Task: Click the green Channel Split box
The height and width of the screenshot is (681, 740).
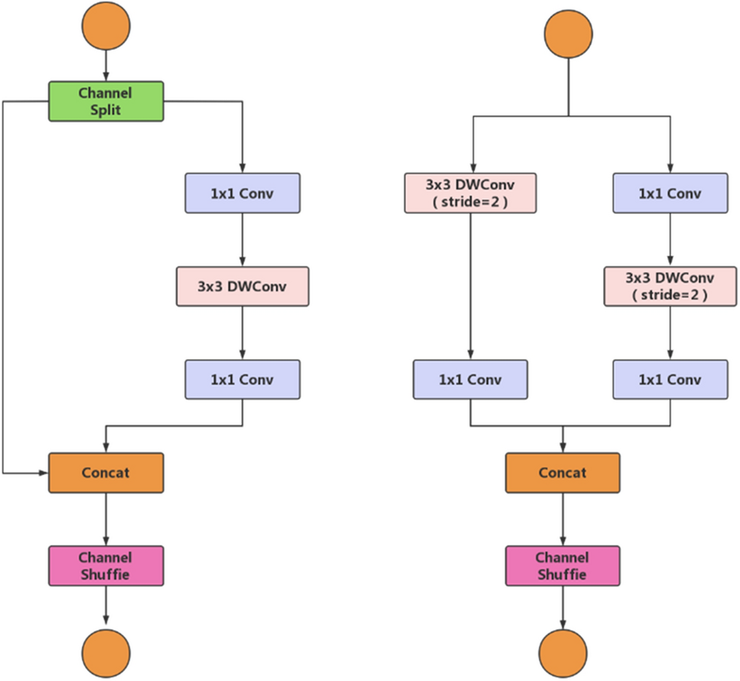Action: (x=106, y=101)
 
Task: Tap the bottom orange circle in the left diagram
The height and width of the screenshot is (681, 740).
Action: (x=106, y=650)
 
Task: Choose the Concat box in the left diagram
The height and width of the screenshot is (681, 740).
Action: (x=106, y=472)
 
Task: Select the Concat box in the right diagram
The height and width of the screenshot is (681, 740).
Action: (x=563, y=472)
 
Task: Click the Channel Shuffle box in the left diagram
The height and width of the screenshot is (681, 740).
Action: (x=106, y=565)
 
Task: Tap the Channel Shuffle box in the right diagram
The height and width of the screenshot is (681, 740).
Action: (x=563, y=565)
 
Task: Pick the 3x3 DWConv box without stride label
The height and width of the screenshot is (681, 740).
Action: (x=243, y=286)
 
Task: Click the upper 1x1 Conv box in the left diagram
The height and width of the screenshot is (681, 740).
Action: (x=243, y=194)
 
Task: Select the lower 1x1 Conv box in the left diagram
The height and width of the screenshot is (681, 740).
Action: (x=243, y=380)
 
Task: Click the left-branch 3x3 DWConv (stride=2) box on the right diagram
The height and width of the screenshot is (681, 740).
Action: (x=470, y=194)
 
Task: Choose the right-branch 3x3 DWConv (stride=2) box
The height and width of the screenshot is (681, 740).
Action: (x=670, y=286)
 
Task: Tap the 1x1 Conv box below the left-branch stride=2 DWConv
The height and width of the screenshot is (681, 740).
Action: (x=470, y=380)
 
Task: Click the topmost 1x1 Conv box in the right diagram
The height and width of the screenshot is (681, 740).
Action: (x=670, y=194)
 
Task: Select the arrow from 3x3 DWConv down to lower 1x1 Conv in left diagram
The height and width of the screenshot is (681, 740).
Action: (x=243, y=333)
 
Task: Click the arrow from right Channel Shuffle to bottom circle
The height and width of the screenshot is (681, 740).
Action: (x=563, y=608)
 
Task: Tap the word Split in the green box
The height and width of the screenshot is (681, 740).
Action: (x=106, y=109)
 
